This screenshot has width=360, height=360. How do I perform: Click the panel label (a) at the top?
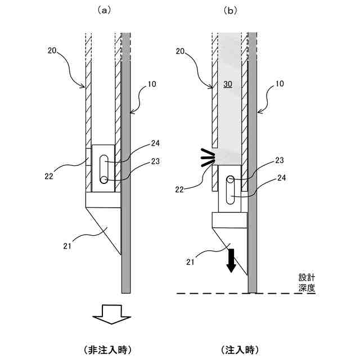(103, 10)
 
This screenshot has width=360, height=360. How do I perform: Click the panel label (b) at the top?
(231, 10)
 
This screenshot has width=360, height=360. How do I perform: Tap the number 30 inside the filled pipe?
(228, 84)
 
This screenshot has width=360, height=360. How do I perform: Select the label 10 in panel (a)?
(152, 84)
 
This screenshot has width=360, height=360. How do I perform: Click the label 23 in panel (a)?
(154, 161)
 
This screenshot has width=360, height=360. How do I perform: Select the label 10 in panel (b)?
(280, 84)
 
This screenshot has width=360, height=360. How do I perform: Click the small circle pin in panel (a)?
(103, 180)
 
